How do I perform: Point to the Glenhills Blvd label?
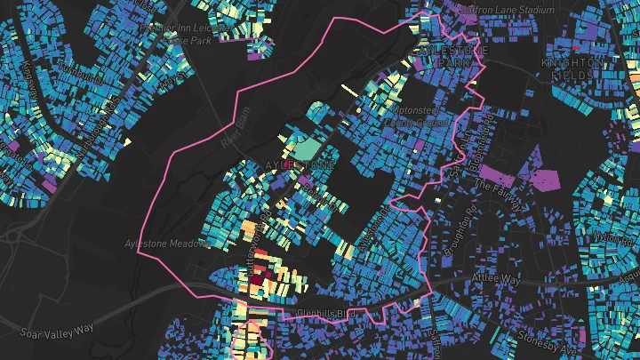[327, 315]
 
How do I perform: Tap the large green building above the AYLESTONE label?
[308, 147]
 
